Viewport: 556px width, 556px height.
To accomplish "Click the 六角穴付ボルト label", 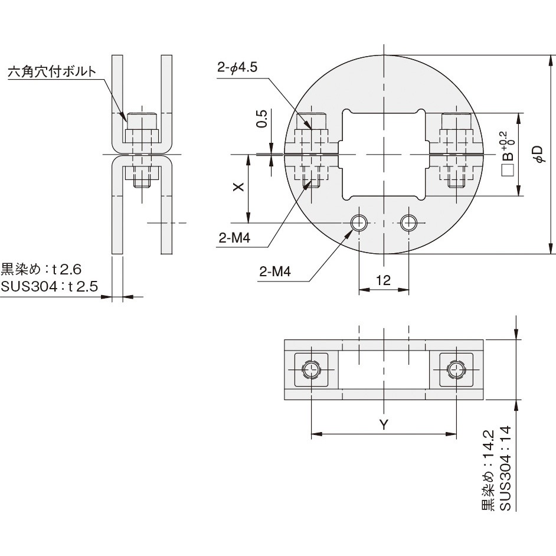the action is pyautogui.click(x=52, y=71).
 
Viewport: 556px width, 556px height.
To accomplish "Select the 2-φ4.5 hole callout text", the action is pyautogui.click(x=237, y=67).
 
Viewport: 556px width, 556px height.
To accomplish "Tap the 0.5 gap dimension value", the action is pyautogui.click(x=261, y=119).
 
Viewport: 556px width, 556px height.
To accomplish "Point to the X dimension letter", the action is pyautogui.click(x=238, y=187).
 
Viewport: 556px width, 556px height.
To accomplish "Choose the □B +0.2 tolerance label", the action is pyautogui.click(x=508, y=154).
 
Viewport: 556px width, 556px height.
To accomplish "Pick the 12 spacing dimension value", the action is pyautogui.click(x=383, y=280).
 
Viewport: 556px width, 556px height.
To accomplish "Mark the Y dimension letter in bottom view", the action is pyautogui.click(x=384, y=424).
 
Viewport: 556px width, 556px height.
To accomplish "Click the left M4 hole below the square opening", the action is pyautogui.click(x=359, y=223).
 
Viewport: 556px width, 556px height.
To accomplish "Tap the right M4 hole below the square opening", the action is pyautogui.click(x=409, y=223).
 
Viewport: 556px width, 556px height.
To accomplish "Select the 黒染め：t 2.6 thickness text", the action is pyautogui.click(x=41, y=269).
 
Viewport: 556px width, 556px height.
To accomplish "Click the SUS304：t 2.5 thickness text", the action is pyautogui.click(x=50, y=286).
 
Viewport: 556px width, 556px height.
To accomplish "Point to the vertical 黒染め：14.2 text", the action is pyautogui.click(x=488, y=470).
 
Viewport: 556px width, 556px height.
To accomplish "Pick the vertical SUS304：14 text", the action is pyautogui.click(x=506, y=468).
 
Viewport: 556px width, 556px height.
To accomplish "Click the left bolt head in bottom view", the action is pyautogui.click(x=311, y=370).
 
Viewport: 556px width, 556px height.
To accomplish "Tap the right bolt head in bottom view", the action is pyautogui.click(x=456, y=370).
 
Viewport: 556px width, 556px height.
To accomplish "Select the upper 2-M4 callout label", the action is pyautogui.click(x=234, y=238).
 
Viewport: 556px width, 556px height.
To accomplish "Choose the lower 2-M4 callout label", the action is pyautogui.click(x=275, y=272).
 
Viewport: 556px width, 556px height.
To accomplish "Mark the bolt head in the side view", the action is pyautogui.click(x=142, y=121).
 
